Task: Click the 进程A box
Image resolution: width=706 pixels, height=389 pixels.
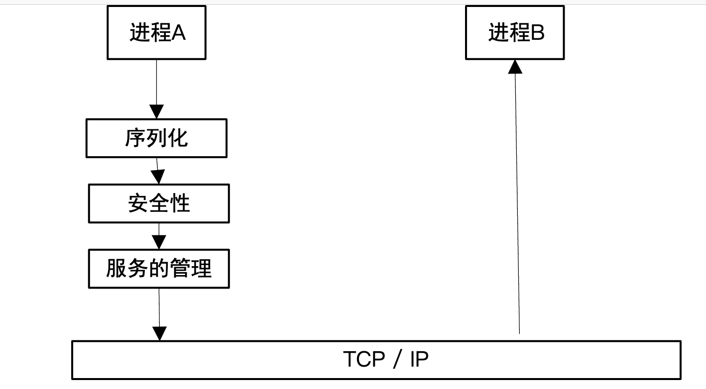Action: pos(156,33)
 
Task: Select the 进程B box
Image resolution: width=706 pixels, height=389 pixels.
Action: pos(514,33)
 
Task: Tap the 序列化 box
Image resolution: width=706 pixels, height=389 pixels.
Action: pos(156,138)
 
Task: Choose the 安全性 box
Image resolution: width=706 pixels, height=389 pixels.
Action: pos(159,203)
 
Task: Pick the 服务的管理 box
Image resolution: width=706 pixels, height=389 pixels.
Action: pos(159,269)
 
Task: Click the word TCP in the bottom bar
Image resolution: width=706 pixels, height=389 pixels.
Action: pos(363,359)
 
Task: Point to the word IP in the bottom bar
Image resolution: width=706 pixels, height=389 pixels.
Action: pos(419,359)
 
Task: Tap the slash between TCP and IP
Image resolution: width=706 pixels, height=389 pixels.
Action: pos(396,360)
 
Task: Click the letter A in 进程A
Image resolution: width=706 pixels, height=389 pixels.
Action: pos(178,33)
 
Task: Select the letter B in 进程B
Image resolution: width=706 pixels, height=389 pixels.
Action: pos(538,33)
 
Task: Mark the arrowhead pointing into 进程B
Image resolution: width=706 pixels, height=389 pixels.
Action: pos(515,66)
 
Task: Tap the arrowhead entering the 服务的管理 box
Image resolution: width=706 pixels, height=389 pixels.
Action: pos(159,242)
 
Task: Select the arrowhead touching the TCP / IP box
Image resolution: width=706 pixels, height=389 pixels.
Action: pos(159,333)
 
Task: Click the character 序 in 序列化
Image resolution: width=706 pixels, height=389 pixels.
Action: pos(135,138)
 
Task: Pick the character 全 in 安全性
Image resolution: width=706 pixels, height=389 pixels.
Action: pos(159,203)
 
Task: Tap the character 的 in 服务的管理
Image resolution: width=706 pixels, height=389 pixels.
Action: pos(159,269)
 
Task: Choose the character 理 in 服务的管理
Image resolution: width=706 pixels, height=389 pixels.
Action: pos(201,269)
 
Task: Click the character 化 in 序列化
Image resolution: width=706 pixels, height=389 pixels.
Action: pos(178,138)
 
